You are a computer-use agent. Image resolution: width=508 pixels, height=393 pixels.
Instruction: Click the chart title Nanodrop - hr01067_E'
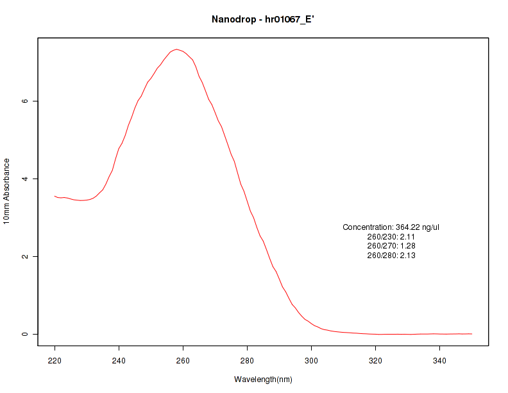click(x=263, y=19)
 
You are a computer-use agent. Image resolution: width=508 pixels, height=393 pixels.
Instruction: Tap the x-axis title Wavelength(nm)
click(x=263, y=380)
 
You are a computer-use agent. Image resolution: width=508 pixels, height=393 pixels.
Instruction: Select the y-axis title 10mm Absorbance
click(x=7, y=191)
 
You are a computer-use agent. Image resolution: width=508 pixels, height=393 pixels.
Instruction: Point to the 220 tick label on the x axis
click(x=55, y=361)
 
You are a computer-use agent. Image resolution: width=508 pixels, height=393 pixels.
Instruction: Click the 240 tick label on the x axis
click(x=119, y=361)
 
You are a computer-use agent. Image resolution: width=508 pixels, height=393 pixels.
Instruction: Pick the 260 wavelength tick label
click(x=183, y=361)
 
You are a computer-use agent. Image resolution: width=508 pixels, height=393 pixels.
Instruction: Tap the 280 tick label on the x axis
click(x=248, y=361)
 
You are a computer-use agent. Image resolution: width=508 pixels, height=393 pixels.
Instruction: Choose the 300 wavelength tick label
click(x=312, y=361)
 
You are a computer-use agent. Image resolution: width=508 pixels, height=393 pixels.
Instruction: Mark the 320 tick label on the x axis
click(x=376, y=361)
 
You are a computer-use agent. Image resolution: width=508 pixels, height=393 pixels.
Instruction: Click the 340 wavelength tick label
click(x=440, y=361)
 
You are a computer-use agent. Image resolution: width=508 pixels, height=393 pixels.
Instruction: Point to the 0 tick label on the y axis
click(x=25, y=334)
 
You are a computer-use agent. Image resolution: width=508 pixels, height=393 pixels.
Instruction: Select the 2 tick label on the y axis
click(x=25, y=256)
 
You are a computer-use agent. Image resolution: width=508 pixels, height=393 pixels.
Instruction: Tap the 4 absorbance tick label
click(x=25, y=179)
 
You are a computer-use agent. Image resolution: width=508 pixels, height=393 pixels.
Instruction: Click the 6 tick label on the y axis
click(x=25, y=101)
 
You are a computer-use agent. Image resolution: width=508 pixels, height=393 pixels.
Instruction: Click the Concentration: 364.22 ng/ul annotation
click(x=391, y=227)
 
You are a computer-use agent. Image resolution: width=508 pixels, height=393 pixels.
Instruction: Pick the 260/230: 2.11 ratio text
click(x=391, y=237)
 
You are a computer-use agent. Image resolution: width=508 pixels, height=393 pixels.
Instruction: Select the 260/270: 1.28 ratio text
click(x=391, y=246)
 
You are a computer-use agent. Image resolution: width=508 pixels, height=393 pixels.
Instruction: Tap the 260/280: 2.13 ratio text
click(x=391, y=256)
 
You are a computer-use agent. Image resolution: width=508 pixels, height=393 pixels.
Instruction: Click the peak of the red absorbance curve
click(x=176, y=49)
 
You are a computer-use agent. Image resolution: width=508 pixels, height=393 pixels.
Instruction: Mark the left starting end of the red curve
click(x=55, y=197)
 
